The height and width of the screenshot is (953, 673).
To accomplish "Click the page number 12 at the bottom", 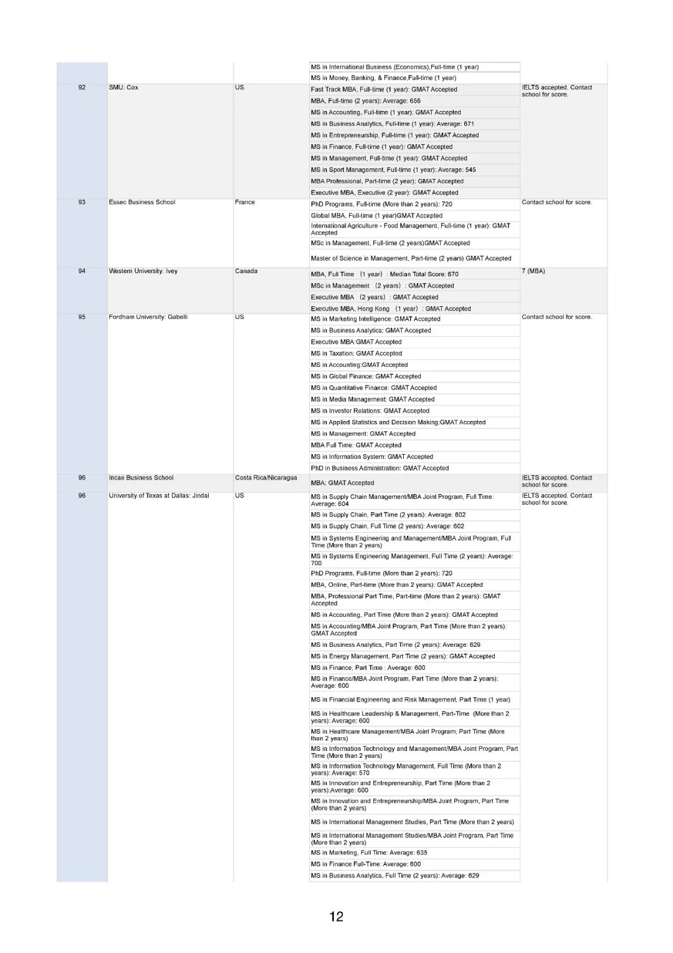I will pos(336,916).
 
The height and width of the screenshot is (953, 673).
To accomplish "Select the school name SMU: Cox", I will pos(123,87).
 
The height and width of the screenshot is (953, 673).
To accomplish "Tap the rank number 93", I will pos(82,202).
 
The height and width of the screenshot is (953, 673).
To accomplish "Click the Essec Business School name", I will pos(142,202).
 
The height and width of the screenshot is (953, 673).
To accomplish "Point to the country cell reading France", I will pos(245,202).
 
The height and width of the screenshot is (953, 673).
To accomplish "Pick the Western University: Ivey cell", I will pos(143,271).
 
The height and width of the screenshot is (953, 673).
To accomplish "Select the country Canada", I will pos(246,271).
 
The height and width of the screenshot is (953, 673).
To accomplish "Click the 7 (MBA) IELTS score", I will pos(533,271).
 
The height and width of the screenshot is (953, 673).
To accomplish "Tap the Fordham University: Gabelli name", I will pos(148,317).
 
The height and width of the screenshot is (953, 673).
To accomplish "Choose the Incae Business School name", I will pos(141,478).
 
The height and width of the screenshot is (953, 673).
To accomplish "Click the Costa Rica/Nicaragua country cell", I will pos(266,478).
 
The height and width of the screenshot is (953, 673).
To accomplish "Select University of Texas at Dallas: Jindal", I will pos(159,496).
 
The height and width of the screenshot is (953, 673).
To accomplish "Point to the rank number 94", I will pos(82,271).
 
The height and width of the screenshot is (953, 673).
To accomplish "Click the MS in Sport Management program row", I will pos(393,170).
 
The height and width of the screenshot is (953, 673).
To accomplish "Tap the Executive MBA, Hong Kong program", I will pos(391,309).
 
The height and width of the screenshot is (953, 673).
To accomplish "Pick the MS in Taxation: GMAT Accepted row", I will pos(356,354).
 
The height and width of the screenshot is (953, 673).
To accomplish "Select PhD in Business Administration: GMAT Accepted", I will pos(379,468).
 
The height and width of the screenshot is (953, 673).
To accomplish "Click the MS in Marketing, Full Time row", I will pos(369,853).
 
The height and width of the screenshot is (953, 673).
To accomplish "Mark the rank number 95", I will pos(82,317).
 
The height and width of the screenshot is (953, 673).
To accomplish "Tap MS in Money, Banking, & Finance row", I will pos(383,78).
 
